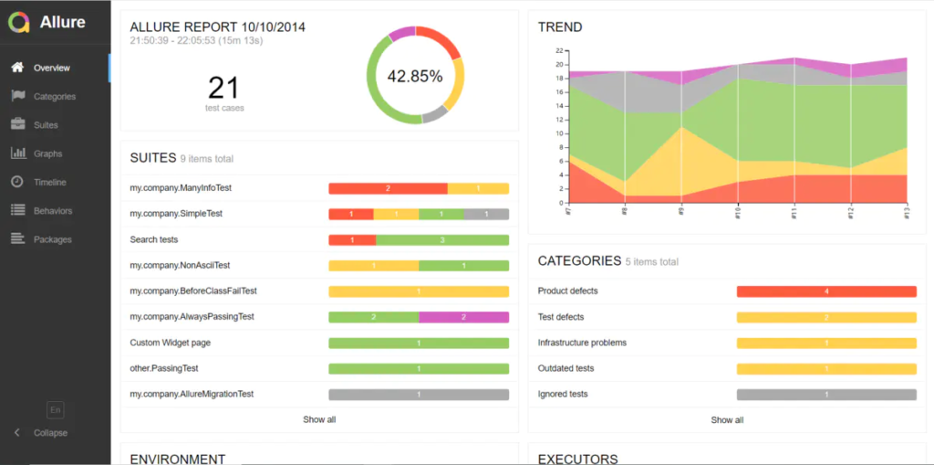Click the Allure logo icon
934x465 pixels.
pyautogui.click(x=19, y=22)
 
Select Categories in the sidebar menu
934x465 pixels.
pyautogui.click(x=54, y=97)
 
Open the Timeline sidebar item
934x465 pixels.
pyautogui.click(x=49, y=183)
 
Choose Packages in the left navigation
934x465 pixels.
pyautogui.click(x=52, y=239)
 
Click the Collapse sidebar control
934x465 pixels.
pyautogui.click(x=49, y=432)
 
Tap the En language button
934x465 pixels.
pyautogui.click(x=56, y=410)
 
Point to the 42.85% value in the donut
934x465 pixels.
pyautogui.click(x=415, y=77)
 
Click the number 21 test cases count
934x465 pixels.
pyautogui.click(x=223, y=88)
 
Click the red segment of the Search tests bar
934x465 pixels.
pyautogui.click(x=352, y=239)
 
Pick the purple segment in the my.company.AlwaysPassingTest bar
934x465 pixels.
pyautogui.click(x=463, y=317)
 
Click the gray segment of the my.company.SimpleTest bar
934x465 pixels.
pyautogui.click(x=486, y=214)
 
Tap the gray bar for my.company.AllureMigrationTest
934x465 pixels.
pyautogui.click(x=419, y=395)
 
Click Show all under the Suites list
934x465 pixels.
pyautogui.click(x=319, y=419)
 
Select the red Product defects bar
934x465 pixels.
pyautogui.click(x=826, y=291)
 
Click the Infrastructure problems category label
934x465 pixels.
pyautogui.click(x=582, y=343)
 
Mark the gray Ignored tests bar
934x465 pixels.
pyautogui.click(x=826, y=395)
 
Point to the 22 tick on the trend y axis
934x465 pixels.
pyautogui.click(x=558, y=52)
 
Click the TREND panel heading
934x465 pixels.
pyautogui.click(x=560, y=27)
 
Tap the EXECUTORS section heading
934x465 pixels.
pyautogui.click(x=577, y=459)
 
